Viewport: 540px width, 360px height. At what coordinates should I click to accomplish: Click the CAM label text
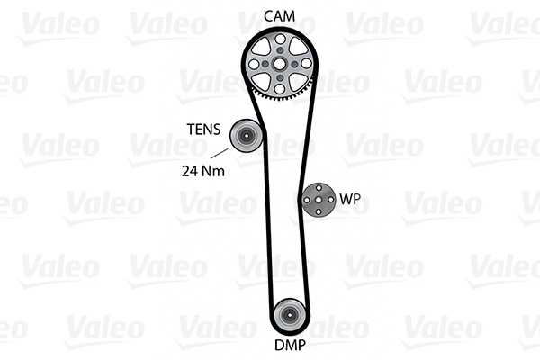tap(279, 16)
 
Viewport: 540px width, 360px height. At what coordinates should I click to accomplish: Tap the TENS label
tap(203, 130)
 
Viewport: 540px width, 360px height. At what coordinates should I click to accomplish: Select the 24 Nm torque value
tap(203, 171)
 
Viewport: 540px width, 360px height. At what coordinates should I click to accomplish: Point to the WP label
tap(350, 199)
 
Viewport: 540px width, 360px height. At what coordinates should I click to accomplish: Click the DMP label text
tap(290, 345)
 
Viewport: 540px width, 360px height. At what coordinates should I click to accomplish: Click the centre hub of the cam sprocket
tap(280, 64)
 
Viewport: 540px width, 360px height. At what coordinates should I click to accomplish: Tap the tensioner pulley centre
tap(246, 136)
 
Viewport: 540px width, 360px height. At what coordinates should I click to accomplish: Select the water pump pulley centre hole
tap(319, 200)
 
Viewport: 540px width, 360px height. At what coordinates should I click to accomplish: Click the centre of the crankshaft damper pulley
tap(289, 314)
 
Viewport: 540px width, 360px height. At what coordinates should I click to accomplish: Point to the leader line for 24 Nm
tap(220, 154)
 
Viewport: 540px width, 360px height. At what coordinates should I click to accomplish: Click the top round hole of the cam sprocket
tap(280, 39)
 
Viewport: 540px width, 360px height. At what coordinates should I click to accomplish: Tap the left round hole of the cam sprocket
tap(254, 64)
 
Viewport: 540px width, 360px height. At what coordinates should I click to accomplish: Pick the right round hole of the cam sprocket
tap(306, 64)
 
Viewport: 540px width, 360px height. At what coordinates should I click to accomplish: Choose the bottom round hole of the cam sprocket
tap(280, 89)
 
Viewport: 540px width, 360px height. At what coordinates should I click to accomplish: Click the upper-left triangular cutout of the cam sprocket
tap(262, 47)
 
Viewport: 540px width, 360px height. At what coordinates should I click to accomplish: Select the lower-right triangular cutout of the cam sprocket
tap(298, 82)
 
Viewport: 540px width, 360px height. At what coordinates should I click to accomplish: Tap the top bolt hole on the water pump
tap(319, 188)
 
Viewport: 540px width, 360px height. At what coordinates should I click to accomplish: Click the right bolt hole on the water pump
tap(330, 200)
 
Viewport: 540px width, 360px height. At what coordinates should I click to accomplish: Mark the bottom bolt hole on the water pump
tap(319, 211)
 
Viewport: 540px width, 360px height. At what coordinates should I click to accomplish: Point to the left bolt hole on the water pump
tap(307, 200)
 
